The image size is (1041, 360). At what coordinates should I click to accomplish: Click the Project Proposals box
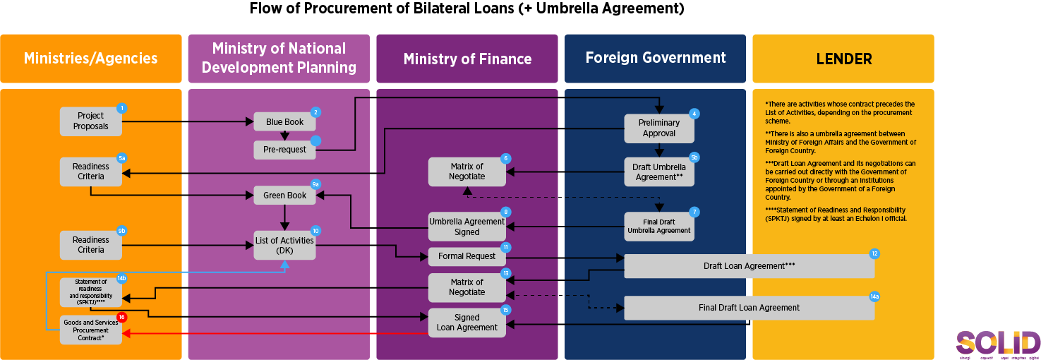click(91, 121)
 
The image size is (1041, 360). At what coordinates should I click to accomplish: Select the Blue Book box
click(284, 122)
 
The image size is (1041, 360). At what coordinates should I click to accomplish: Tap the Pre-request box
click(284, 150)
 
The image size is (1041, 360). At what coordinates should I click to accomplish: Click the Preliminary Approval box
click(659, 128)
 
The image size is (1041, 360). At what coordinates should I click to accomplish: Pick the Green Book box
click(284, 196)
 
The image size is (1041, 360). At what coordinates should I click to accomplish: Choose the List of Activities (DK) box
click(284, 246)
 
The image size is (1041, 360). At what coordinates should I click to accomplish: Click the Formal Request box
click(467, 256)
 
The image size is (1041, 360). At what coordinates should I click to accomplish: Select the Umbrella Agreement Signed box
click(467, 227)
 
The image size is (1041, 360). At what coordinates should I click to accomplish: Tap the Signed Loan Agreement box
click(467, 323)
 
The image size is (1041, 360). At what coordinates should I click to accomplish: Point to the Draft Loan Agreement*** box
click(749, 266)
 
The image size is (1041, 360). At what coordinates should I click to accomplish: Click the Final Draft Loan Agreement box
click(749, 308)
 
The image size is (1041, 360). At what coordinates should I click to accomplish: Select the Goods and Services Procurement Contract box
click(91, 330)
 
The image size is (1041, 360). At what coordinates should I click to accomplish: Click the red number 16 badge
click(122, 317)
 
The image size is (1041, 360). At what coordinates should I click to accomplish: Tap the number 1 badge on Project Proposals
click(122, 108)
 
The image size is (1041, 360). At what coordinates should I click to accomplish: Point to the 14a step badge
click(874, 297)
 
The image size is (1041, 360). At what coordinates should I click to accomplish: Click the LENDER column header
click(843, 59)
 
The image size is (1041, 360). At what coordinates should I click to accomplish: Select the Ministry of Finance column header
click(467, 59)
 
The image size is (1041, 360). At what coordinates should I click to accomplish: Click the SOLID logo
click(998, 344)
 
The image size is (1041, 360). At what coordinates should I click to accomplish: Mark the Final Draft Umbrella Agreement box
click(659, 227)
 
